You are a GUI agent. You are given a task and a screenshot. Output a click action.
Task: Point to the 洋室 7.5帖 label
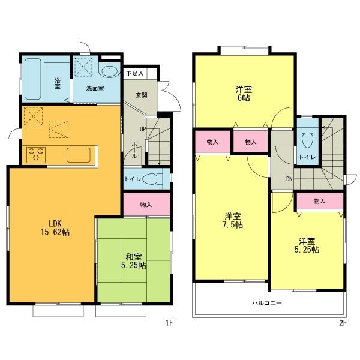click(233, 220)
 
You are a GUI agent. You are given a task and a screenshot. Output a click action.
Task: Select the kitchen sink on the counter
click(78, 154)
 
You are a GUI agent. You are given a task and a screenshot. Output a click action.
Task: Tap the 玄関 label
click(140, 95)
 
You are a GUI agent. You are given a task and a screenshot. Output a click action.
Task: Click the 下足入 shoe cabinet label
click(135, 73)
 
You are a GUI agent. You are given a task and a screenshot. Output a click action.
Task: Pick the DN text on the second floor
click(289, 178)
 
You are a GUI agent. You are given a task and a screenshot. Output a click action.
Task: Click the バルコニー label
click(267, 303)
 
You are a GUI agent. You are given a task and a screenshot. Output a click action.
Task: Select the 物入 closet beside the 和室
click(146, 205)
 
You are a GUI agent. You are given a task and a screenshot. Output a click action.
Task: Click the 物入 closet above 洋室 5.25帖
click(319, 202)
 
